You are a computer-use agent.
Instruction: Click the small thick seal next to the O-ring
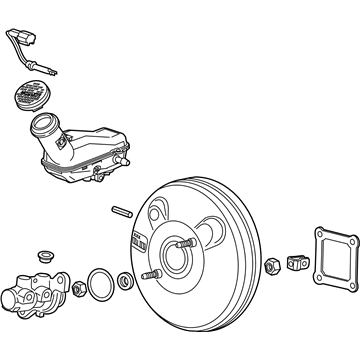pyautogui.click(x=125, y=282)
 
